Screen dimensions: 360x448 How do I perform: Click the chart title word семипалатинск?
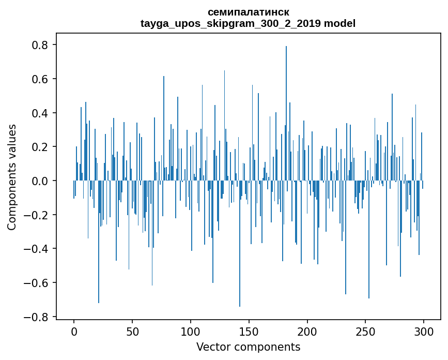tap(248, 12)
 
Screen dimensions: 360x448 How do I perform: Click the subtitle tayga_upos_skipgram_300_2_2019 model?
tap(248, 23)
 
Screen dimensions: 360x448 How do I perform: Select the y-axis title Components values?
tap(12, 177)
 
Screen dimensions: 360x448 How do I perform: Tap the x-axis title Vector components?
tap(248, 347)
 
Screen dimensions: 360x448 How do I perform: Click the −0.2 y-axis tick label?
tap(37, 215)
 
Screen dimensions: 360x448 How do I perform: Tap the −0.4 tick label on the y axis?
tap(37, 249)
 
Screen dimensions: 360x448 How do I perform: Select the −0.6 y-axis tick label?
tap(37, 283)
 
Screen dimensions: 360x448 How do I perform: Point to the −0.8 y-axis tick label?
tap(37, 317)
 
